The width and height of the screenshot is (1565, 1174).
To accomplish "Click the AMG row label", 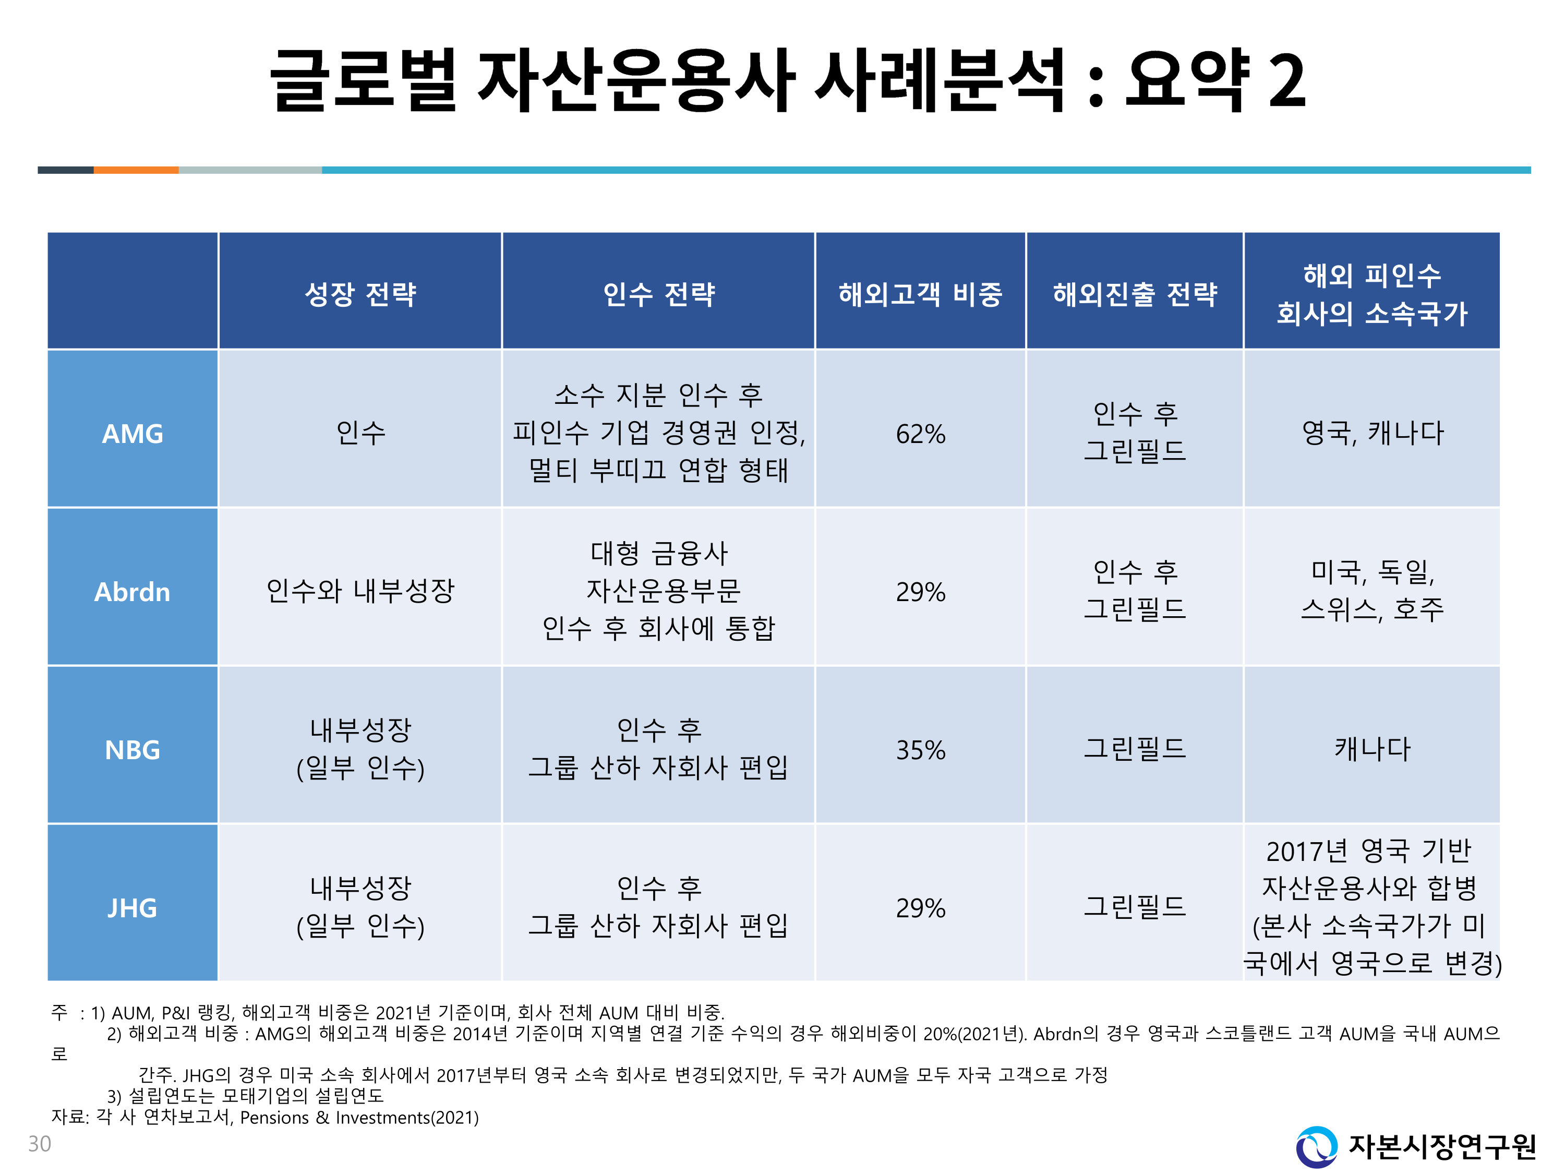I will point(133,434).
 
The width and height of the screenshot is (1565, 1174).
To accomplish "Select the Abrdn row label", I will point(133,592).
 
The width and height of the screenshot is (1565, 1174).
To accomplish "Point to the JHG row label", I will point(133,907).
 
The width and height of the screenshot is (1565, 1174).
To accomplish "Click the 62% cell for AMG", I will point(920,434).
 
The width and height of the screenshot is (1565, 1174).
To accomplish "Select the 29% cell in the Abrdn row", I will point(920,592).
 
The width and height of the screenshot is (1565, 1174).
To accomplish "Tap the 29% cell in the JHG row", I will point(920,907).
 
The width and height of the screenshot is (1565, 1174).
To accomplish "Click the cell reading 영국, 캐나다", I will point(1372,433).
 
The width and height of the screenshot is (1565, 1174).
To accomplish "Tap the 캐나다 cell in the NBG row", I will point(1372,749).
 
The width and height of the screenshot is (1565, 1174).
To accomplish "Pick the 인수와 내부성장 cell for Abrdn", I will point(360,590).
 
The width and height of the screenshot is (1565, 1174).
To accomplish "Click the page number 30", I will point(40,1144).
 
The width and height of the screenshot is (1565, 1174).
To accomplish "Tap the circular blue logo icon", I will point(1316,1146).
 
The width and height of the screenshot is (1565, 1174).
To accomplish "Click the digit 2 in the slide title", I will point(1286,81).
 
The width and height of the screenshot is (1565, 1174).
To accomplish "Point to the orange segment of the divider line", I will point(136,170).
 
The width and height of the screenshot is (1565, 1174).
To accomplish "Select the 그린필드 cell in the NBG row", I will point(1135,748).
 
